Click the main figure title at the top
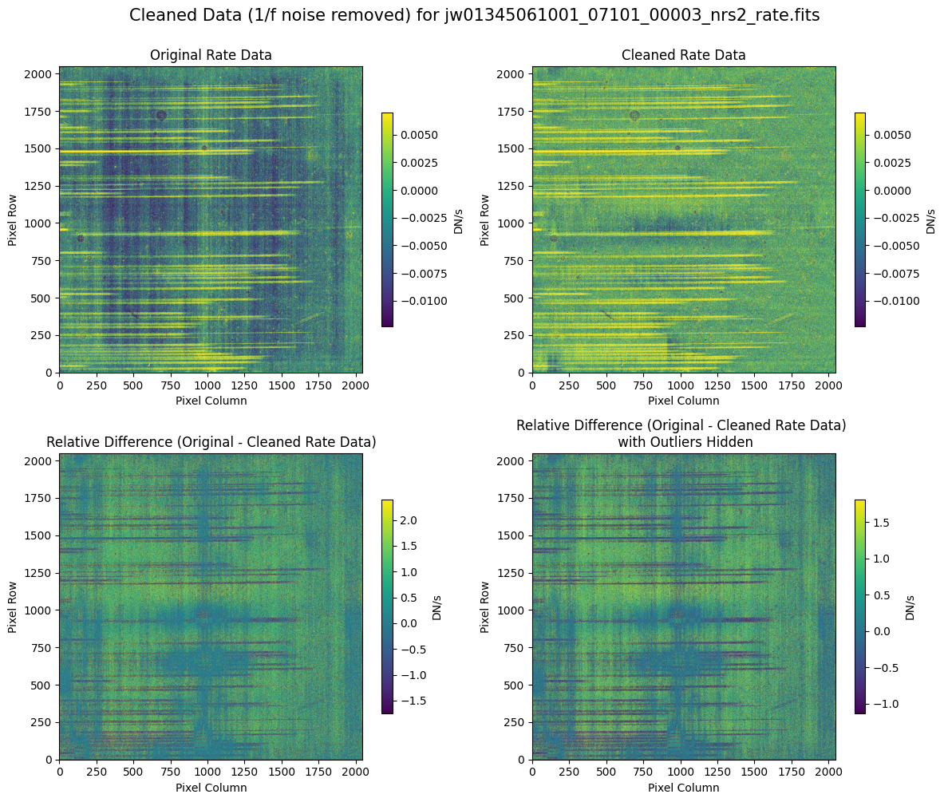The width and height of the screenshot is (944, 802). pyautogui.click(x=474, y=15)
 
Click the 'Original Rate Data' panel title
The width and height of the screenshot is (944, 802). pyautogui.click(x=211, y=56)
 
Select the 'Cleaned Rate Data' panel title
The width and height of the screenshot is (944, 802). pyautogui.click(x=684, y=56)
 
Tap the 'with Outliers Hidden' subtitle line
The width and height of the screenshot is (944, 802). pyautogui.click(x=681, y=442)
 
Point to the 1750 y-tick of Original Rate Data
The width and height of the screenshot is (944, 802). pyautogui.click(x=41, y=112)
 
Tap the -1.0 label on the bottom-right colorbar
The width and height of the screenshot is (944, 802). pyautogui.click(x=887, y=705)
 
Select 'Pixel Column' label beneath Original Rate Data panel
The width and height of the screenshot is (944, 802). pyautogui.click(x=211, y=401)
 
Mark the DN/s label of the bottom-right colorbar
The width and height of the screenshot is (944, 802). pyautogui.click(x=910, y=606)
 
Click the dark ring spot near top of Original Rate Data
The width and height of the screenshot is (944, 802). pyautogui.click(x=161, y=115)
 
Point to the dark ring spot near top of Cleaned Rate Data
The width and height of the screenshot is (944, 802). pyautogui.click(x=634, y=115)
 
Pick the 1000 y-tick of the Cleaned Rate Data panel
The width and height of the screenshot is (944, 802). pyautogui.click(x=514, y=223)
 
